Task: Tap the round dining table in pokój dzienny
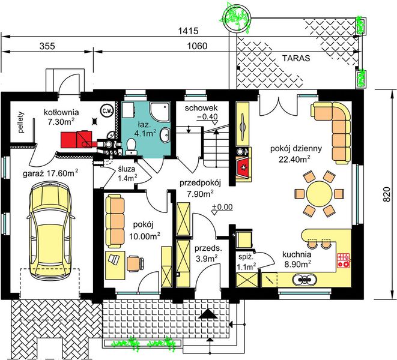click(x=319, y=194)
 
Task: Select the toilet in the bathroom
click(x=131, y=147)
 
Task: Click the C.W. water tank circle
click(x=107, y=110)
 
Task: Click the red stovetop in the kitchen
click(x=344, y=260)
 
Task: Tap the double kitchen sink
click(x=305, y=279)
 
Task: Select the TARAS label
click(x=296, y=58)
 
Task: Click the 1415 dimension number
click(x=189, y=31)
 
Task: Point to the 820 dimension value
click(x=386, y=194)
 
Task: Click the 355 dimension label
click(x=47, y=46)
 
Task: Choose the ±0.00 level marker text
click(x=222, y=207)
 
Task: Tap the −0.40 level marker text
click(x=207, y=116)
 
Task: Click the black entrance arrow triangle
click(x=208, y=314)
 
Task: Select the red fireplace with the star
click(x=244, y=167)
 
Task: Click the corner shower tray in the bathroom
click(x=160, y=110)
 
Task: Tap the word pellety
click(x=21, y=122)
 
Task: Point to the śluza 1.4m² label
click(x=127, y=173)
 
